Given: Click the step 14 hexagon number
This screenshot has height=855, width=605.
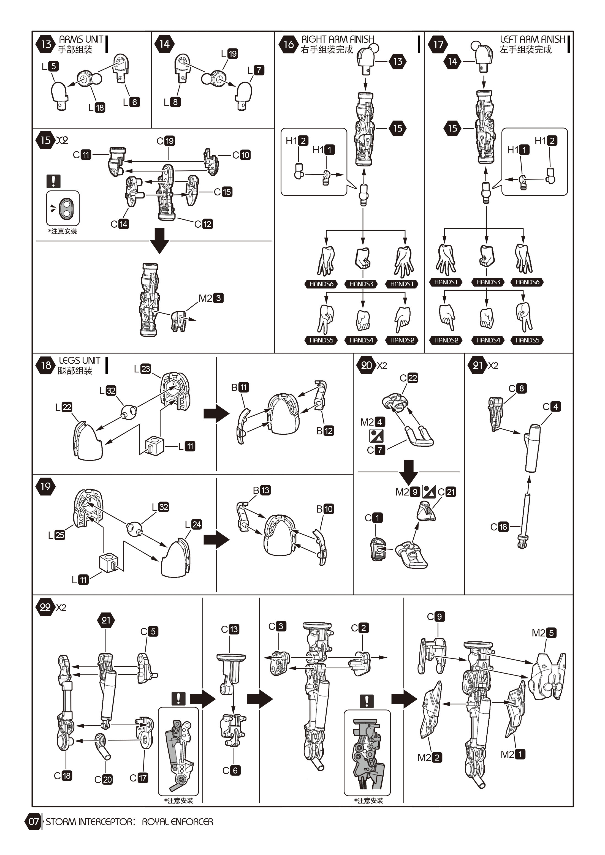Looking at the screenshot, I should click(x=164, y=44).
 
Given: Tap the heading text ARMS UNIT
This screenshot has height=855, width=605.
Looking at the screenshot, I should click(x=81, y=39).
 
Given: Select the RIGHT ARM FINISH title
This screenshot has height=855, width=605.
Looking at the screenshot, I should click(x=338, y=39).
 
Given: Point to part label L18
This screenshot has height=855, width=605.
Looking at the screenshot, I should click(x=96, y=108).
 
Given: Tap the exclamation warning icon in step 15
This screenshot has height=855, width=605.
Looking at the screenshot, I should click(x=54, y=181).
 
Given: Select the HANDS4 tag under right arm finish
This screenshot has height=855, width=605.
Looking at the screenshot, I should click(x=361, y=340).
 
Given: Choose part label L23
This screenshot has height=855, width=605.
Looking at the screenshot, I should click(x=142, y=369).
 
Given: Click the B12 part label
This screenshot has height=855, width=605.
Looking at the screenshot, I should click(x=325, y=431).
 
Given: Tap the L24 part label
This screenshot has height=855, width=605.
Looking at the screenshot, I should click(x=193, y=524).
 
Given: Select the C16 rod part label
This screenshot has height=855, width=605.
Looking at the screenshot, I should click(x=499, y=527).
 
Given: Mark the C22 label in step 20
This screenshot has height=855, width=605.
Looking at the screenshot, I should click(x=409, y=378).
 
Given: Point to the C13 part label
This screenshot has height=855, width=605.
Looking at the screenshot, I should click(x=230, y=629).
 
